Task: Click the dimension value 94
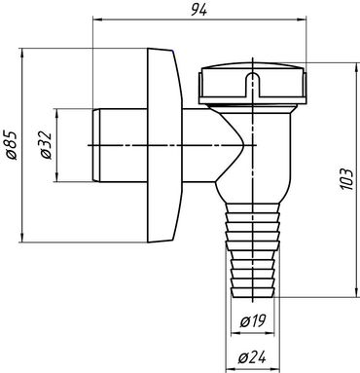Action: [x=198, y=10]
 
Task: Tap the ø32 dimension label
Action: [x=46, y=145]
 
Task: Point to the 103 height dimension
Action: [x=347, y=179]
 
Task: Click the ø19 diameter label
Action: [x=253, y=321]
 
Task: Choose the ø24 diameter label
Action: [x=252, y=357]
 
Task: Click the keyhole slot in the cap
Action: [x=252, y=84]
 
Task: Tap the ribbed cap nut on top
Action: [x=252, y=83]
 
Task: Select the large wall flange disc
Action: [x=164, y=145]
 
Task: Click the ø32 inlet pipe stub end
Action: [x=96, y=145]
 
